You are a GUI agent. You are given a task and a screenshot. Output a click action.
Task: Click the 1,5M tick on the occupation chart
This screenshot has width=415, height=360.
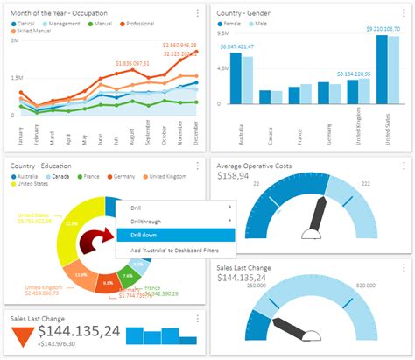click(x=17, y=78)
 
